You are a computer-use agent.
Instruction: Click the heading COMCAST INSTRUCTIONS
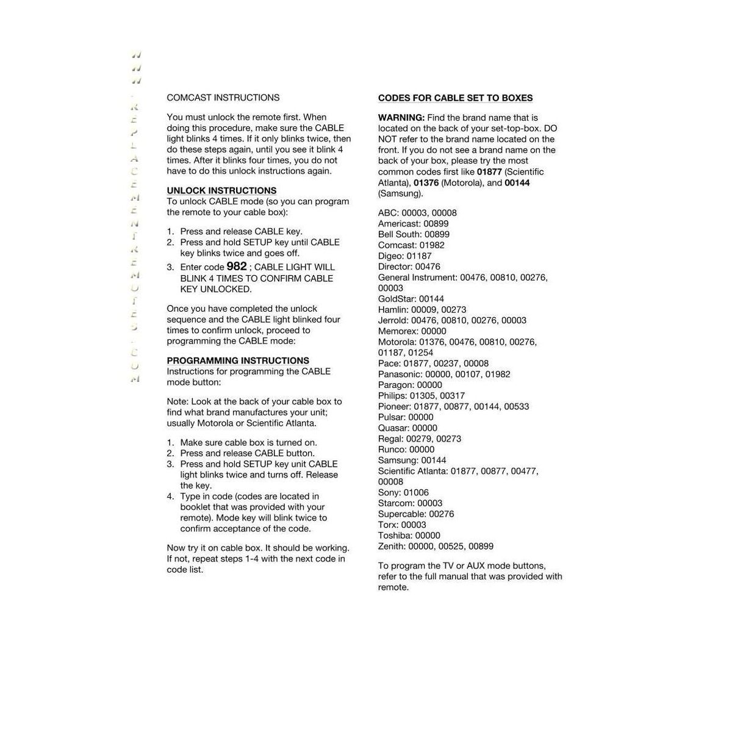tap(223, 98)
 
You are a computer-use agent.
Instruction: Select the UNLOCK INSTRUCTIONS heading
tap(221, 191)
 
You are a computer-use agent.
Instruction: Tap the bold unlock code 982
tap(237, 267)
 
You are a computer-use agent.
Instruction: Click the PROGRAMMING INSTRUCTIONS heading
tap(238, 361)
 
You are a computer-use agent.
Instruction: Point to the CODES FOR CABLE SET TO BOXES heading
tap(455, 98)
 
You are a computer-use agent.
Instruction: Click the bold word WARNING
tap(401, 118)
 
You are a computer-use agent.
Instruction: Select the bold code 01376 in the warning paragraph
tap(426, 183)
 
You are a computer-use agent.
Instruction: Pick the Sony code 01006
tap(416, 493)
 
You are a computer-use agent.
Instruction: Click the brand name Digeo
tap(390, 256)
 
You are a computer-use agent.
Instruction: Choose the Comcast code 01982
tap(432, 245)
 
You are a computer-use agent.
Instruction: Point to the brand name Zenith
tap(391, 547)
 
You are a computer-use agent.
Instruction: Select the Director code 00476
tap(428, 267)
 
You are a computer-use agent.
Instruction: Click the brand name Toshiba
tap(394, 536)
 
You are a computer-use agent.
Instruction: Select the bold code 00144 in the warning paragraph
tap(517, 183)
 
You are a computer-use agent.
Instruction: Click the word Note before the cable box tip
tap(177, 402)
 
